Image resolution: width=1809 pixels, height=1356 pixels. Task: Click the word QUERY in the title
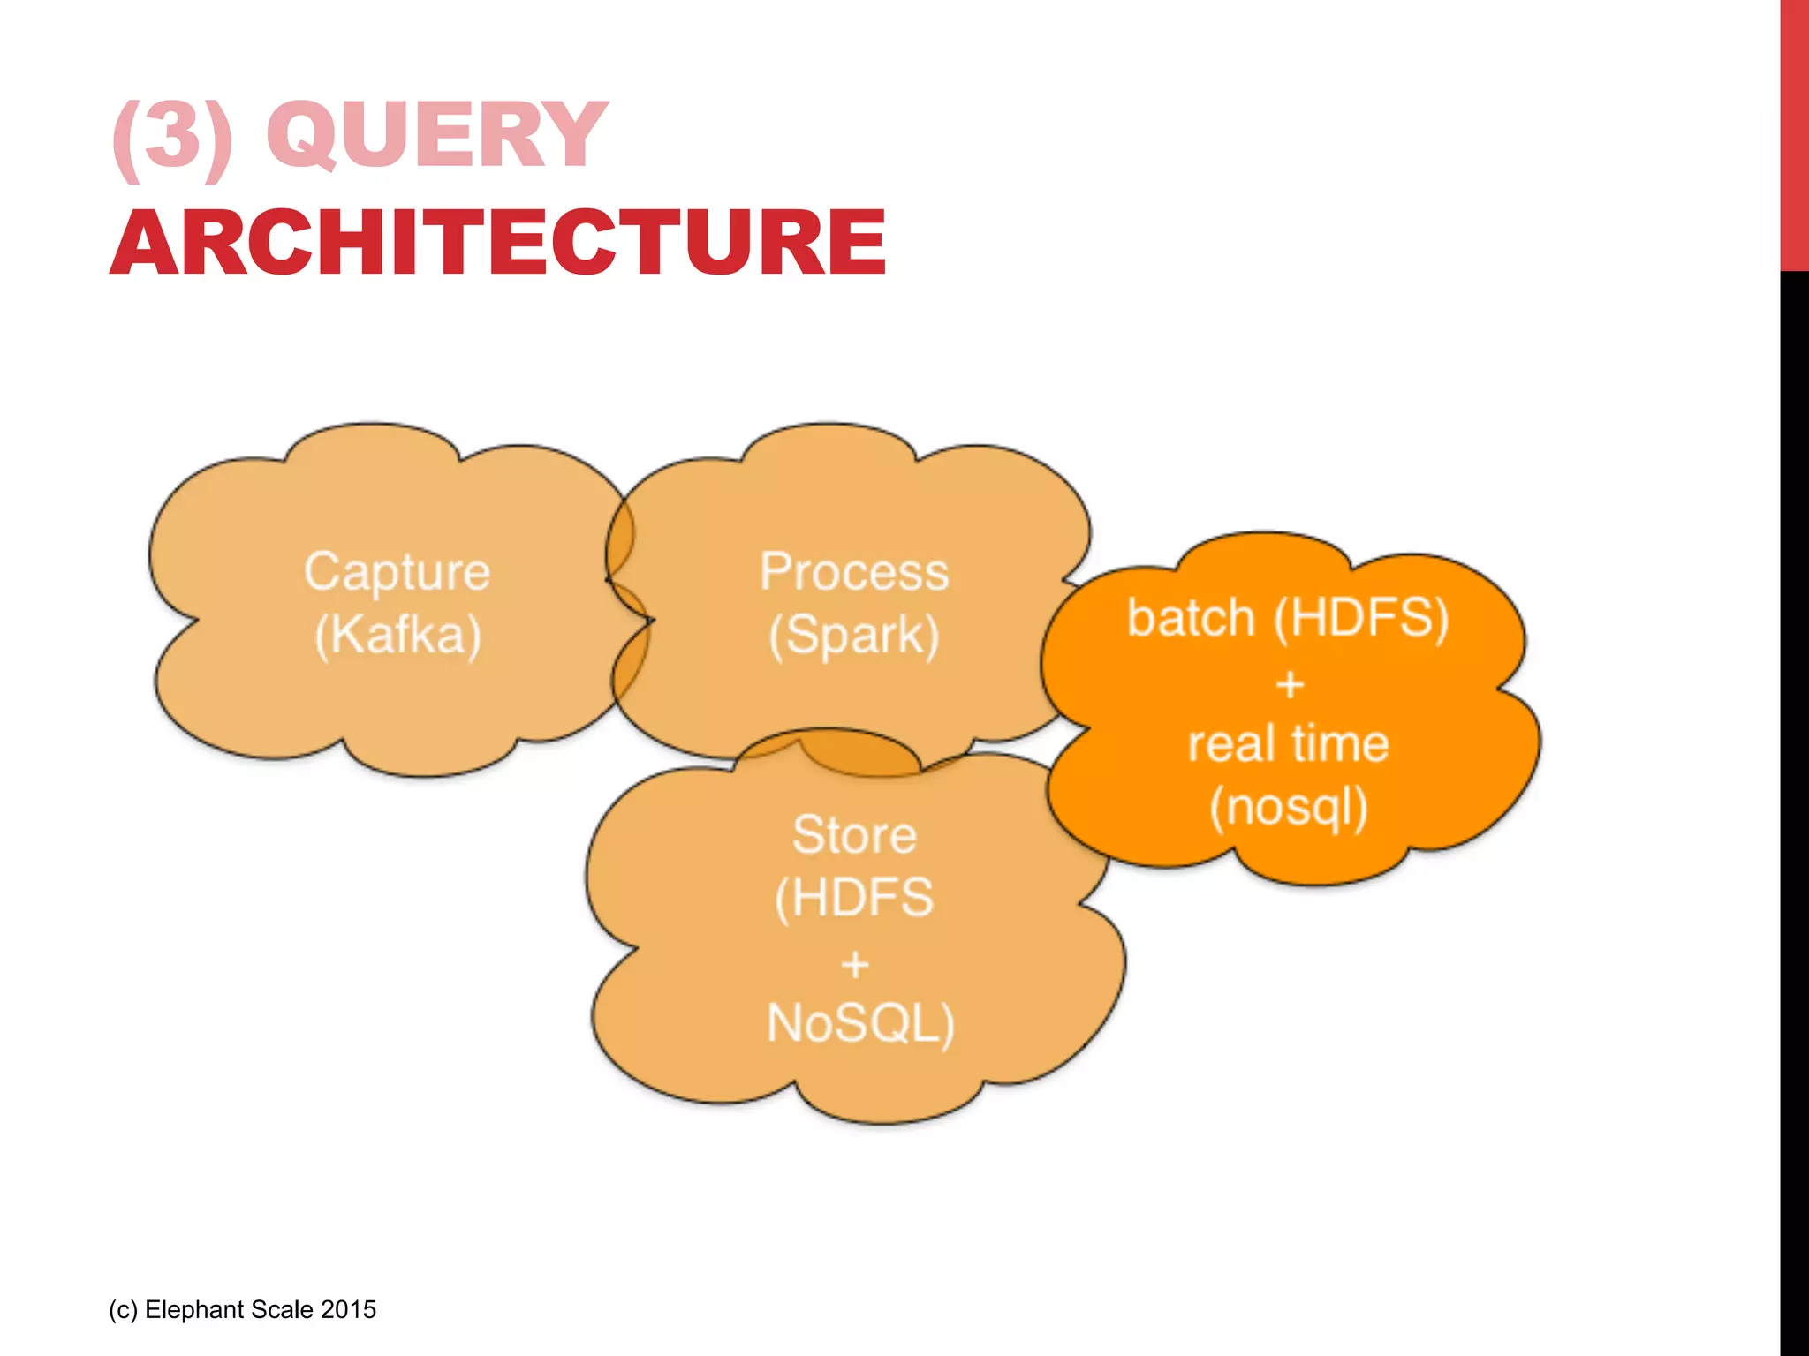pos(437,134)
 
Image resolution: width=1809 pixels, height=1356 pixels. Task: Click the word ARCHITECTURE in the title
pos(498,242)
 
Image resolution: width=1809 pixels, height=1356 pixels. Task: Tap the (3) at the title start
pos(173,136)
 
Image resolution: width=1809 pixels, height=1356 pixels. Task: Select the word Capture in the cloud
pos(397,572)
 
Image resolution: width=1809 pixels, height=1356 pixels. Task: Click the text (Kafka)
pos(397,635)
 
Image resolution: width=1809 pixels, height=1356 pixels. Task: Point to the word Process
pos(854,572)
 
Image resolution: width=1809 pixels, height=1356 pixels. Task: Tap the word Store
pos(854,835)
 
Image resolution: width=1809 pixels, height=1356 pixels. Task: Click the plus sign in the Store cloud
pos(855,964)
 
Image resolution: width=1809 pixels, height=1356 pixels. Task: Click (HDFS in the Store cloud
pos(854,898)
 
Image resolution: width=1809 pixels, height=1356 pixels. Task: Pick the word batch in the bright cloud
pos(1191,617)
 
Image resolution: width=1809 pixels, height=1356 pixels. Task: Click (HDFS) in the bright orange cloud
pos(1361,617)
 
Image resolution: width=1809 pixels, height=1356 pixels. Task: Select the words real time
pos(1289,743)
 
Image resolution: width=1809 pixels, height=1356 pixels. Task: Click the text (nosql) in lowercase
pos(1289,807)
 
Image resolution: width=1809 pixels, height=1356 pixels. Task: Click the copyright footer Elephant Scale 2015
pos(242,1309)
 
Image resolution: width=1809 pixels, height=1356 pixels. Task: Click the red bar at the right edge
pos(1794,132)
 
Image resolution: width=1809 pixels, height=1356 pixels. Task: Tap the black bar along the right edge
pos(1794,795)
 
